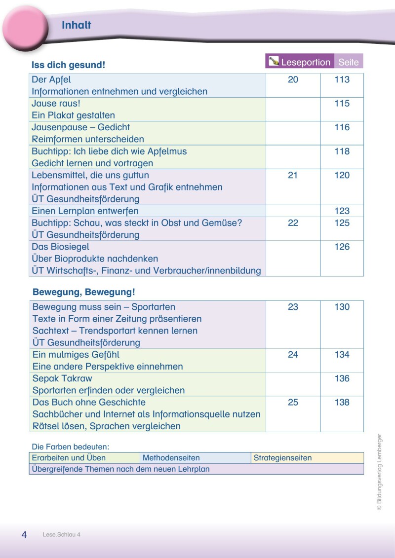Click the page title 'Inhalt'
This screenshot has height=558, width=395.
point(77,26)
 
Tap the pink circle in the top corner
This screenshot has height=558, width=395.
point(24,28)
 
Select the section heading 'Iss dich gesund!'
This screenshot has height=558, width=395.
point(68,65)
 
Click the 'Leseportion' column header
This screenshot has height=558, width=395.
point(305,62)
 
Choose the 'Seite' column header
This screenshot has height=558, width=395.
point(349,62)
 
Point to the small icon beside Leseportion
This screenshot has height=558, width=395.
point(273,62)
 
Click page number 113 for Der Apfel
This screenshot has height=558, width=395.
point(342,79)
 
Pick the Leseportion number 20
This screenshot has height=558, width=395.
point(293,79)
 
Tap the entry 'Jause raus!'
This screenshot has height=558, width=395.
point(55,104)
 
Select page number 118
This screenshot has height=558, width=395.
point(342,151)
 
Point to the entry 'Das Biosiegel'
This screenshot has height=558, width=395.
point(60,247)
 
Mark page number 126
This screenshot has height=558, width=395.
point(342,247)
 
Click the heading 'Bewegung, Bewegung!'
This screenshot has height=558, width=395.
point(83,292)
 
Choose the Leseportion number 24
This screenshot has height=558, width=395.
point(293,355)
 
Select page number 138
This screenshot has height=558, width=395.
point(342,403)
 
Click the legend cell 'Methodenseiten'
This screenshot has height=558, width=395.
point(171,458)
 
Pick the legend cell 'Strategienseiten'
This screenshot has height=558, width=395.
point(282,458)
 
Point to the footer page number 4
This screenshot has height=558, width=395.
point(24,535)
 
